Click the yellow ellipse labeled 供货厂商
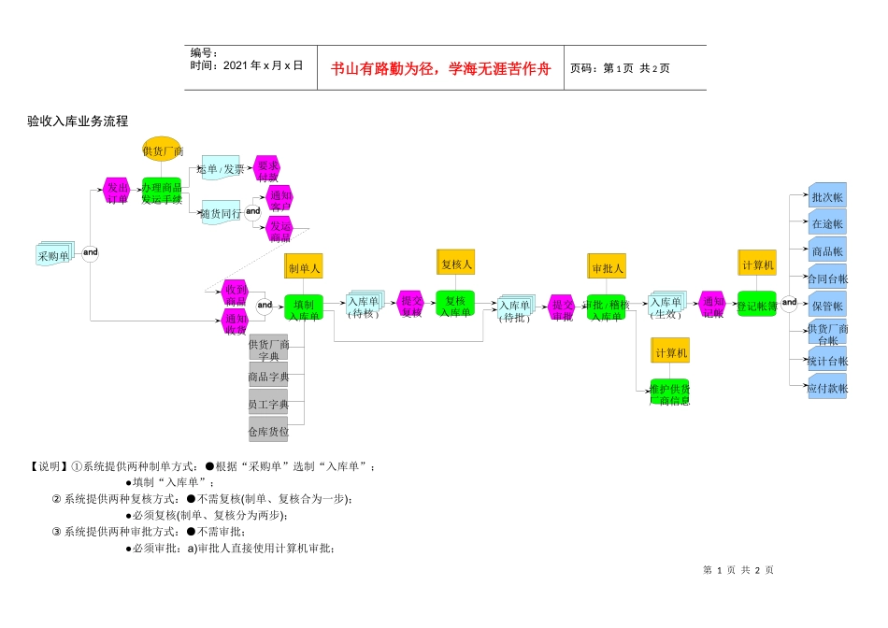tap(161, 150)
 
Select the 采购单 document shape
tap(53, 253)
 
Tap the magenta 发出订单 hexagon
tap(117, 192)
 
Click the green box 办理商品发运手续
tap(161, 192)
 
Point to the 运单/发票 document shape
tap(221, 168)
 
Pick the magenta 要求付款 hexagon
tap(267, 169)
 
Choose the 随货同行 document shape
tap(221, 212)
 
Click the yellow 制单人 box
tap(303, 266)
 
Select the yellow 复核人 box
tap(455, 264)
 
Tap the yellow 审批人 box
tap(607, 267)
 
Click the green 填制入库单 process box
tap(303, 308)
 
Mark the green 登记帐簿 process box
tap(756, 304)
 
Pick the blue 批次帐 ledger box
tap(827, 196)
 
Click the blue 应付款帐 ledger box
tap(827, 387)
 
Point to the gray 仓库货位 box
tap(268, 431)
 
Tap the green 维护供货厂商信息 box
tap(669, 393)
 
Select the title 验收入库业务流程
tap(78, 121)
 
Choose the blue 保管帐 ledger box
tap(827, 305)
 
